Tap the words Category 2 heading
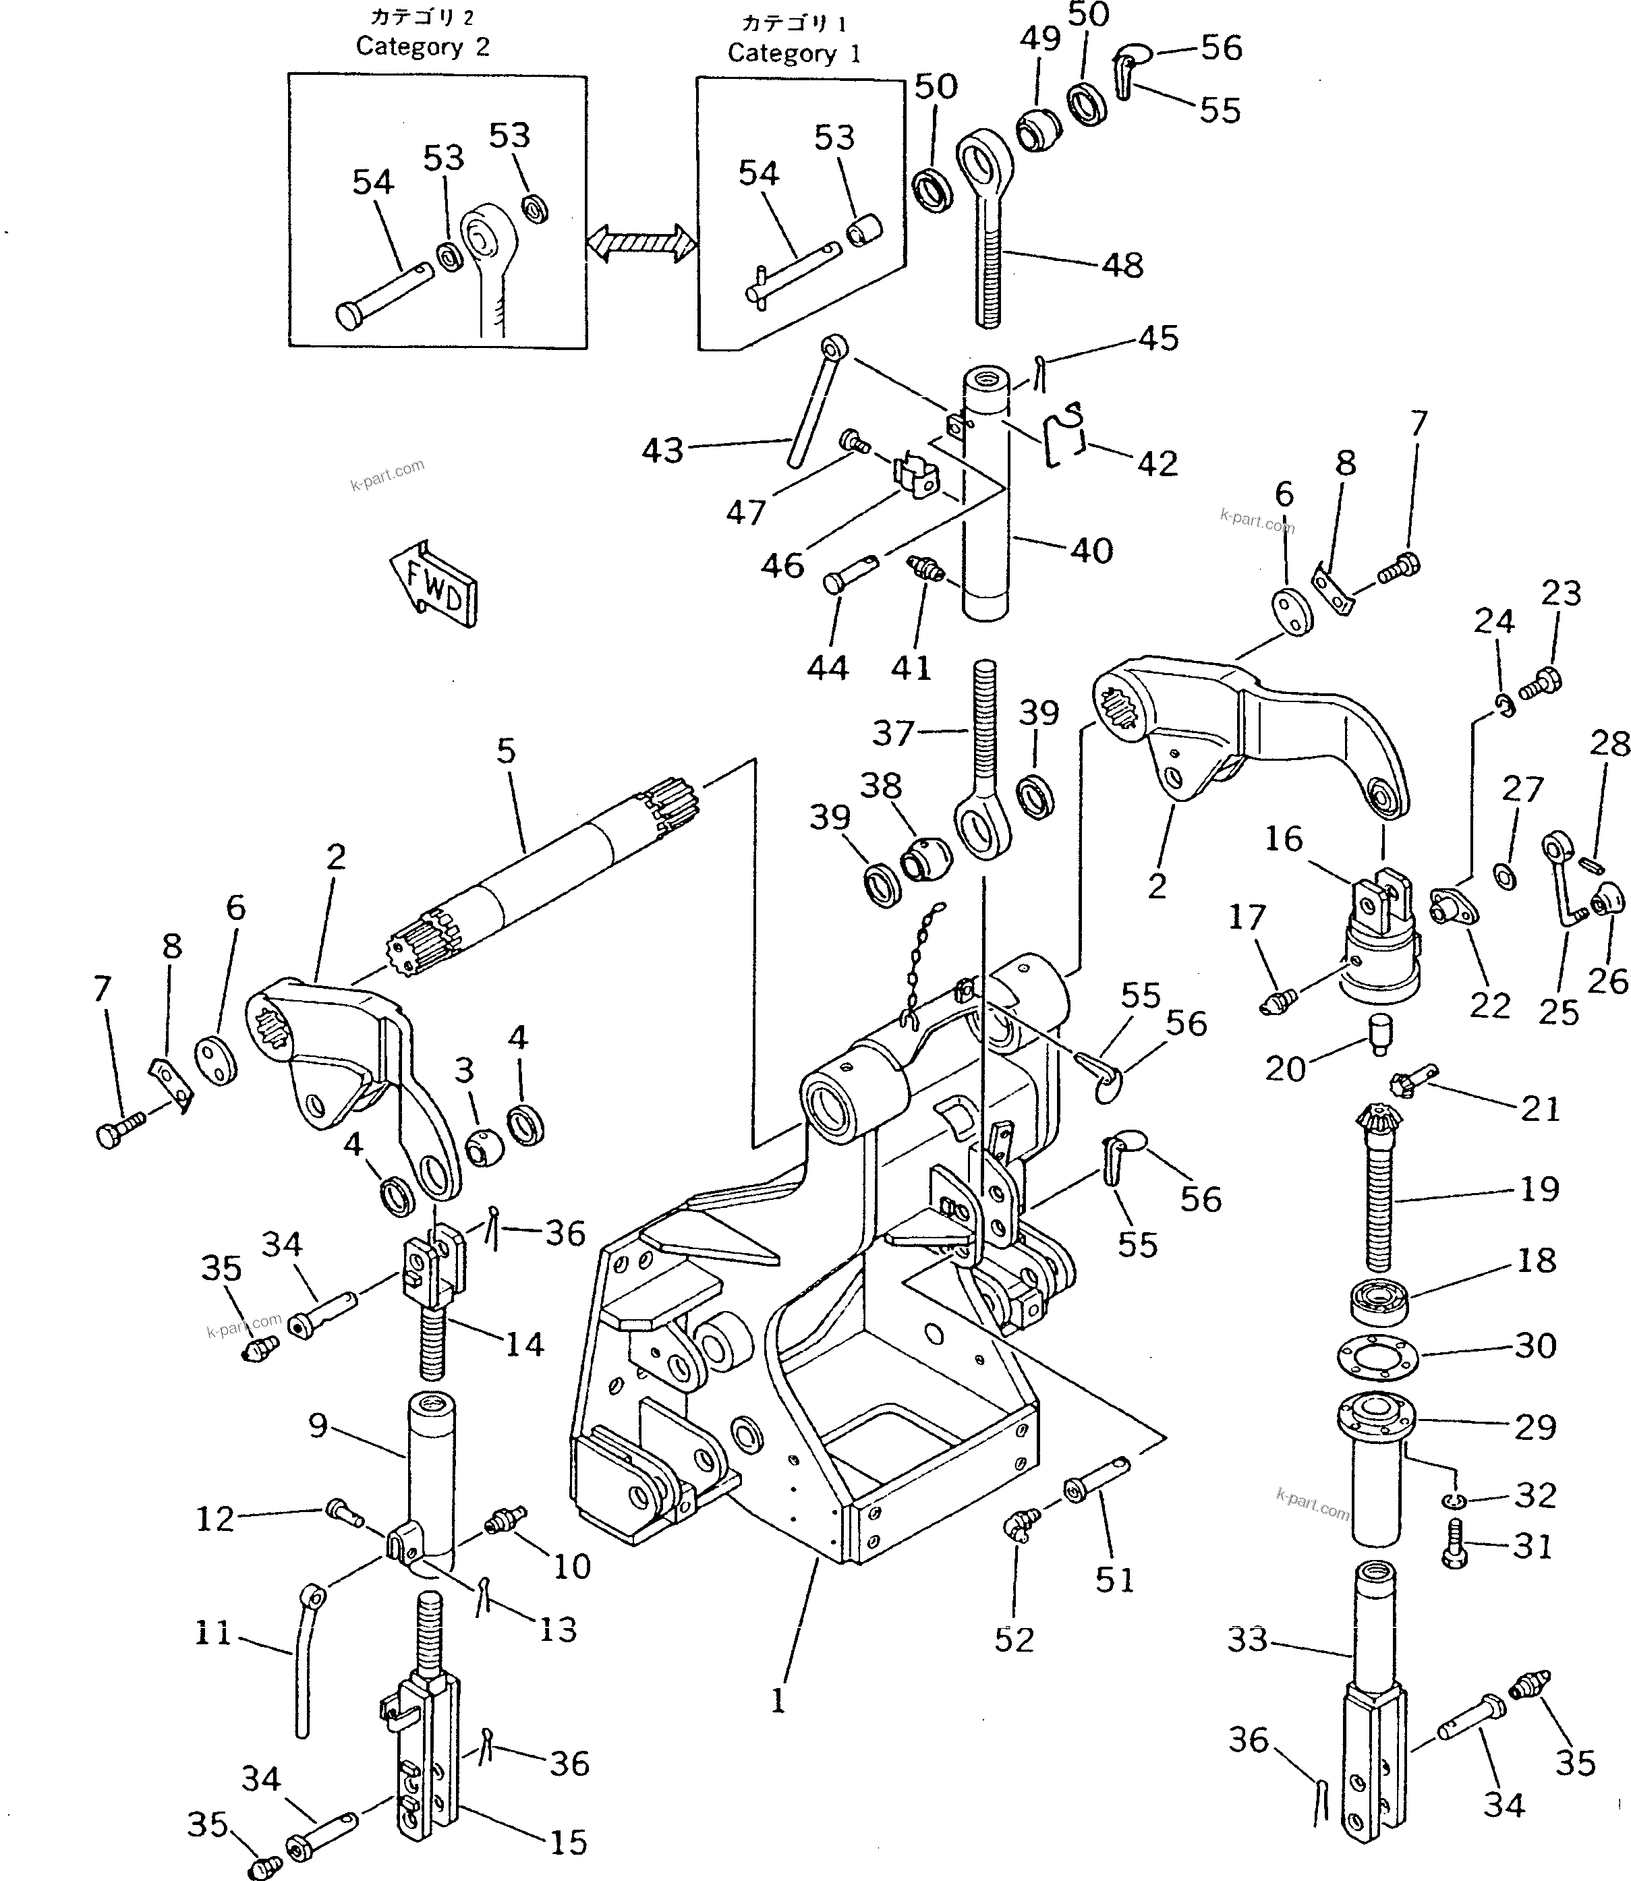(x=422, y=47)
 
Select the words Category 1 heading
(x=794, y=53)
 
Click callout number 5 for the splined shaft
(x=506, y=751)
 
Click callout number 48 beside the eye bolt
(x=1122, y=265)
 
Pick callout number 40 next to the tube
(x=1091, y=550)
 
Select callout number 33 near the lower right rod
(x=1247, y=1639)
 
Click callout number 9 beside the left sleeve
(x=318, y=1425)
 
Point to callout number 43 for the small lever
(x=662, y=451)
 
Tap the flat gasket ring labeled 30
(x=1378, y=1355)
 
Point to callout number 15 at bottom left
(x=569, y=1842)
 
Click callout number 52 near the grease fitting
(x=1014, y=1639)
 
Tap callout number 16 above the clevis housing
(x=1284, y=838)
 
